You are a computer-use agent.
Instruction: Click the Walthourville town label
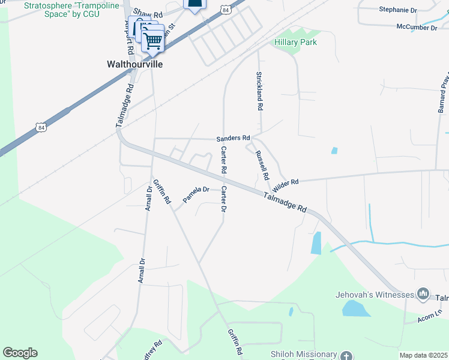coord(134,64)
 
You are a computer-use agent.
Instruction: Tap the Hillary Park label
coord(295,42)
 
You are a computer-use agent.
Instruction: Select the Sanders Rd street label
coord(233,138)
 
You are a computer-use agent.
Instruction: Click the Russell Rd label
coord(262,166)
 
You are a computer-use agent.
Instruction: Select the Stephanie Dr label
coord(397,10)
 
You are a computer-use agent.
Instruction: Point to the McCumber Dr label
coord(417,27)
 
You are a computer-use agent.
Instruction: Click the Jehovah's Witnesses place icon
coord(424,293)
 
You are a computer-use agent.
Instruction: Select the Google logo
coord(20,353)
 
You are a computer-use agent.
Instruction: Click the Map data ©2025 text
coord(423,355)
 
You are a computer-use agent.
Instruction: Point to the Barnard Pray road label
coord(443,93)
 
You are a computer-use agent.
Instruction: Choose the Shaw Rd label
coord(148,13)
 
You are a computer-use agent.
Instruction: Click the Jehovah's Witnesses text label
coord(375,295)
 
